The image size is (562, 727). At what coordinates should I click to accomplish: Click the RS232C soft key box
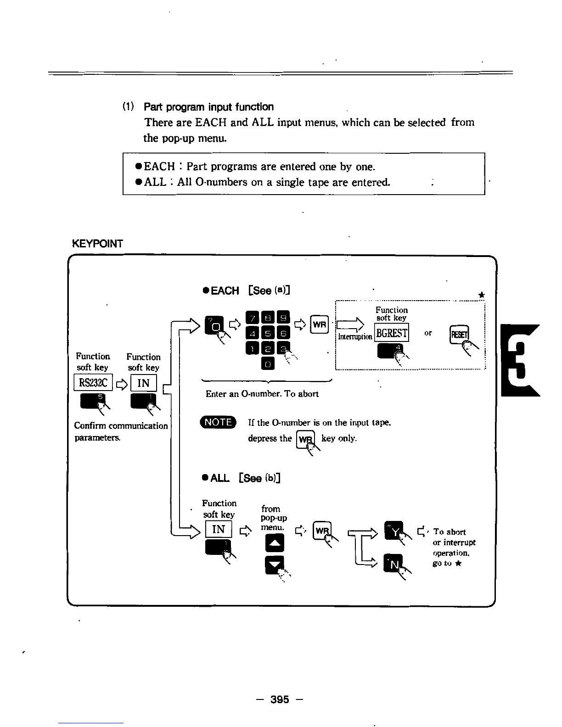pyautogui.click(x=93, y=383)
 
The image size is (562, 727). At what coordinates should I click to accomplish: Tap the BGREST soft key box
pyautogui.click(x=392, y=333)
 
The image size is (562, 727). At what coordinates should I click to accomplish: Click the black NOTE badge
pyautogui.click(x=218, y=422)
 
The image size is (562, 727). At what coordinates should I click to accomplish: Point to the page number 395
pyautogui.click(x=280, y=699)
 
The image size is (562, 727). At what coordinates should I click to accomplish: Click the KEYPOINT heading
pyautogui.click(x=98, y=244)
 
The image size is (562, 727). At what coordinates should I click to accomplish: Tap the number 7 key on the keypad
pyautogui.click(x=253, y=317)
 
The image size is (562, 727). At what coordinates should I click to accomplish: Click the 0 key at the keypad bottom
pyautogui.click(x=268, y=364)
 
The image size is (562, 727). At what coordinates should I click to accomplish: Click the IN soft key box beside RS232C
pyautogui.click(x=144, y=383)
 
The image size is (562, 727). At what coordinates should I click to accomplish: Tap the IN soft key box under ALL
pyautogui.click(x=219, y=529)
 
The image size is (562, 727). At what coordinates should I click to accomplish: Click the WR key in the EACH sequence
pyautogui.click(x=320, y=324)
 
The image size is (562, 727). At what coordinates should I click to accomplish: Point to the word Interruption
pyautogui.click(x=355, y=337)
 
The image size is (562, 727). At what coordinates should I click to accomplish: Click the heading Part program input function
pyautogui.click(x=208, y=107)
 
